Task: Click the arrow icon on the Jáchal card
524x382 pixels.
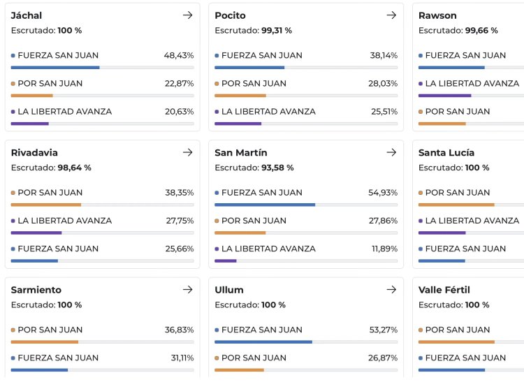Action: pyautogui.click(x=187, y=15)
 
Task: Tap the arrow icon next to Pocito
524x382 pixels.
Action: pyautogui.click(x=391, y=15)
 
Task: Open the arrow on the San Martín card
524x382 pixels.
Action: pyautogui.click(x=391, y=152)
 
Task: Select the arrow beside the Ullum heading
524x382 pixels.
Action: pyautogui.click(x=391, y=290)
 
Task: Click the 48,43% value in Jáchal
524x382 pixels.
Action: pyautogui.click(x=179, y=55)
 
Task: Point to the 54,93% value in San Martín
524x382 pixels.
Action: pyautogui.click(x=383, y=193)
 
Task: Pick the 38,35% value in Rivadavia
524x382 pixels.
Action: pyautogui.click(x=179, y=193)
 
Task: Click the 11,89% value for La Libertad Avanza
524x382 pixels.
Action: pyautogui.click(x=383, y=249)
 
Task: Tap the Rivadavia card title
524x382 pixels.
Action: pyautogui.click(x=34, y=152)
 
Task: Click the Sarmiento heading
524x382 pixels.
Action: pyautogui.click(x=36, y=290)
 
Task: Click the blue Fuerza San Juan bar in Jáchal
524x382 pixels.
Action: pyautogui.click(x=55, y=68)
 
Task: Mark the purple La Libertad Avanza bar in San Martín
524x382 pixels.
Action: pyautogui.click(x=226, y=261)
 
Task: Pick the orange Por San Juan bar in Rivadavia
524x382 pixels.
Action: pyautogui.click(x=46, y=205)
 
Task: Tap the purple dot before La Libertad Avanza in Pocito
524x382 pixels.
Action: pyautogui.click(x=217, y=112)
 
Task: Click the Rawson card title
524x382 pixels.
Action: pyautogui.click(x=437, y=15)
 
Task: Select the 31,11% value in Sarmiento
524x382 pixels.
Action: pyautogui.click(x=179, y=358)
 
